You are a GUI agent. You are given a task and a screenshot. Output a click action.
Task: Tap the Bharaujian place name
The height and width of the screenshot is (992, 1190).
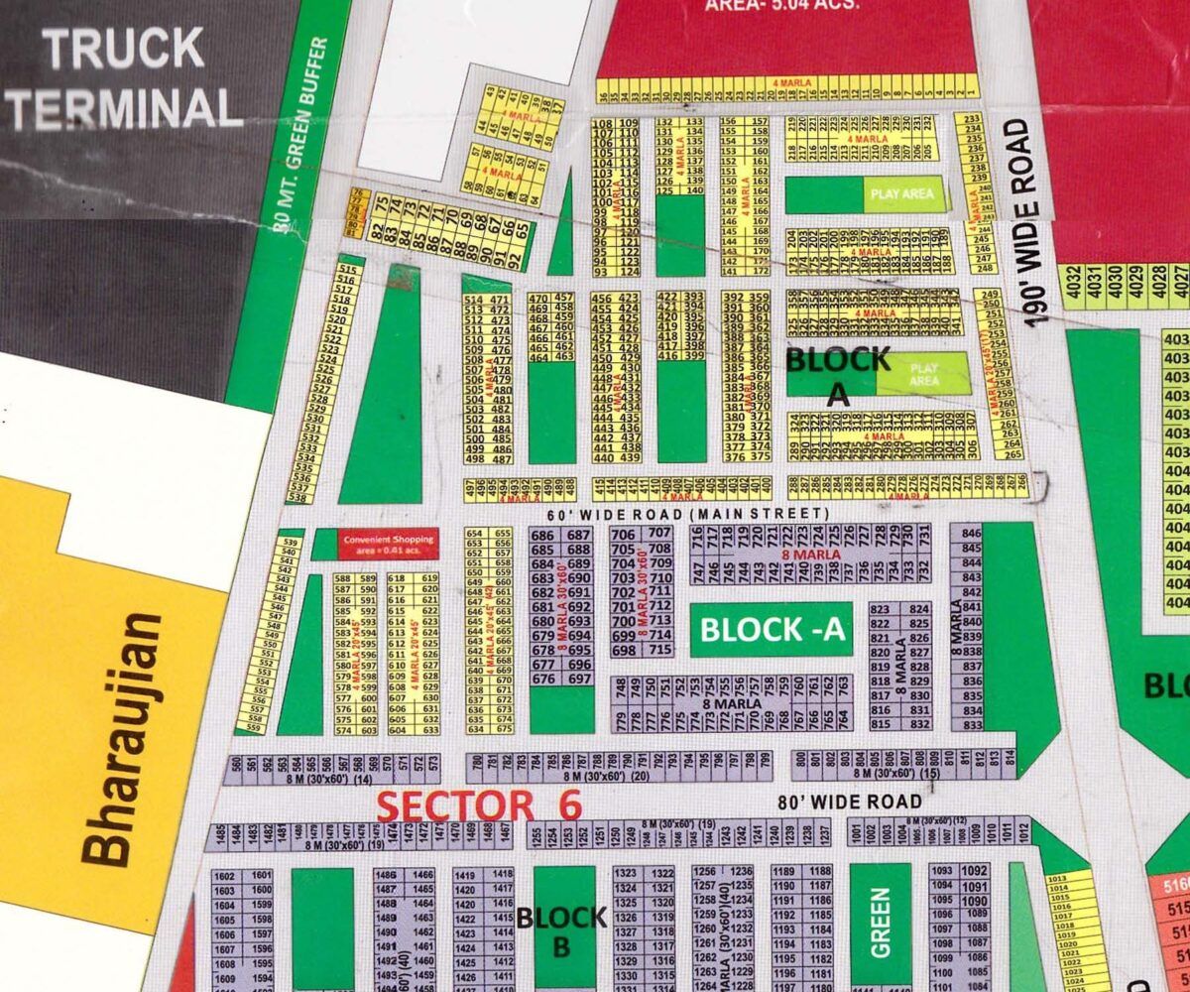(121, 739)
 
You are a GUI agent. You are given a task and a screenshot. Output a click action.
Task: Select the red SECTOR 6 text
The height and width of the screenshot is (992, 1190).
(480, 806)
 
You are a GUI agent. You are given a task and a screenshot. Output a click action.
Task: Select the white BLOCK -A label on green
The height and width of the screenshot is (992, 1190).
(772, 630)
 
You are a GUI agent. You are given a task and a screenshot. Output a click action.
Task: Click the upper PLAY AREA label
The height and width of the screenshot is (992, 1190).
(901, 194)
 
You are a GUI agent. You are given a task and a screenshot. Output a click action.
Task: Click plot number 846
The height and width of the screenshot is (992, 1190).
(971, 534)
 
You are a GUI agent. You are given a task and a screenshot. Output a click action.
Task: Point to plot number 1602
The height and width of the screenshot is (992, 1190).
(224, 876)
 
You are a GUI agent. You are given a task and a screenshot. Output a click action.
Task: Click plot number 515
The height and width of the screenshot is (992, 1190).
(346, 270)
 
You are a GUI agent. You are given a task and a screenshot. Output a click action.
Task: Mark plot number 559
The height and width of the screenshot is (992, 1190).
(253, 728)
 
